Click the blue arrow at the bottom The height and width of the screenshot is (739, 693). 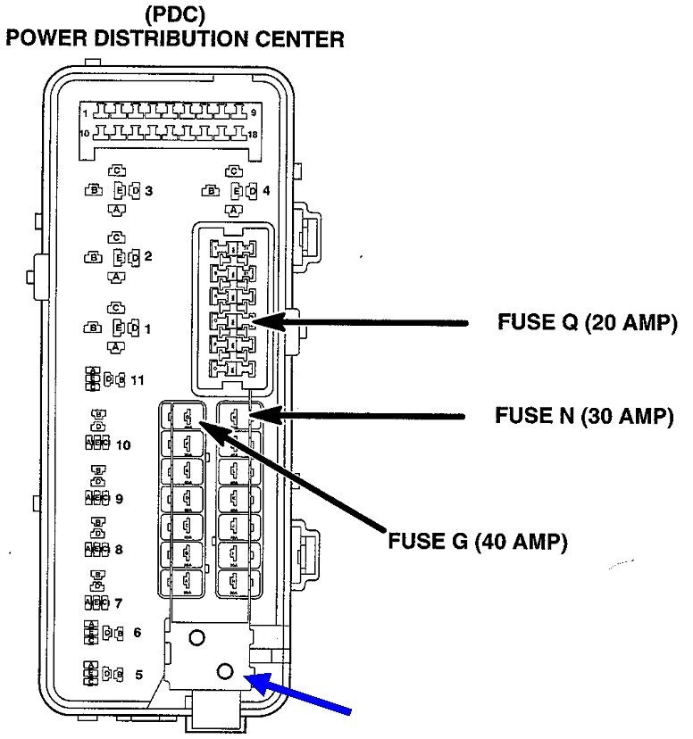[308, 697]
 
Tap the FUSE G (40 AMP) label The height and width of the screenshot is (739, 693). [477, 542]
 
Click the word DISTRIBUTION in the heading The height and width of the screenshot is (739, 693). [194, 39]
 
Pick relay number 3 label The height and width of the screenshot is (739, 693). [148, 190]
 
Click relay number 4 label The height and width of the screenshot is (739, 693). [266, 190]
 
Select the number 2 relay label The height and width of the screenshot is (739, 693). [148, 257]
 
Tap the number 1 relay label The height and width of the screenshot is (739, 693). [148, 328]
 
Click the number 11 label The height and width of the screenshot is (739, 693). [137, 380]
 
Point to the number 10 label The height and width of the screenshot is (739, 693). [123, 444]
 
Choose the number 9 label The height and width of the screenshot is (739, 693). [119, 498]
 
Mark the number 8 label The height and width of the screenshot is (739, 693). [119, 550]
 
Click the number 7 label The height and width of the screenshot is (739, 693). [119, 602]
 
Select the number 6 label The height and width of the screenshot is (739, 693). [137, 633]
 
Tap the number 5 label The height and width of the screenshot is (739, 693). [137, 675]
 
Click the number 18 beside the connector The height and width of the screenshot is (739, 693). [253, 134]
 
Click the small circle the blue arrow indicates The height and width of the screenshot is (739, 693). [225, 670]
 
